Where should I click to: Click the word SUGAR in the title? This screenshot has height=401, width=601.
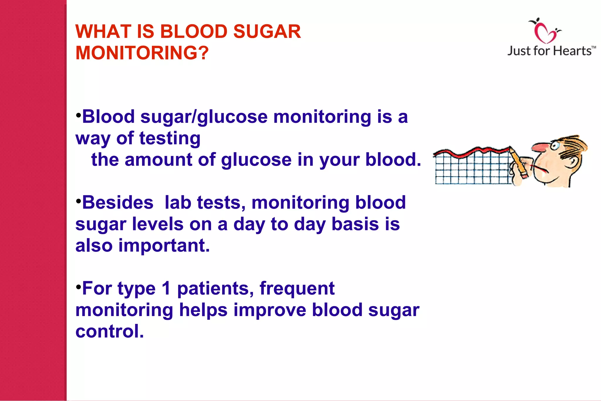tap(267, 31)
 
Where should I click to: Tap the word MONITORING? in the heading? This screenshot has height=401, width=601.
tap(142, 53)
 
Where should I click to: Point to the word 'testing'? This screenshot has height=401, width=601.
tap(170, 138)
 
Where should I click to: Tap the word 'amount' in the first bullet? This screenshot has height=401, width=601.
tap(158, 160)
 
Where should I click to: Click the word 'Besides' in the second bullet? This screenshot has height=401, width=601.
tap(118, 203)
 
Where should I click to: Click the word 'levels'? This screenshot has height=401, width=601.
tap(157, 224)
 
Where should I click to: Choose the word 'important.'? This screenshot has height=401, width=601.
tap(164, 246)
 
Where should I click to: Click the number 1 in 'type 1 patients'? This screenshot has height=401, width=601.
tap(166, 288)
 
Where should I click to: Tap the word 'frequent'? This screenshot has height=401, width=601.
tap(297, 288)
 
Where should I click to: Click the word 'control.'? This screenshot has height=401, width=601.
tap(110, 332)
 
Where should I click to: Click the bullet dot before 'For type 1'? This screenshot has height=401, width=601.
tap(78, 286)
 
